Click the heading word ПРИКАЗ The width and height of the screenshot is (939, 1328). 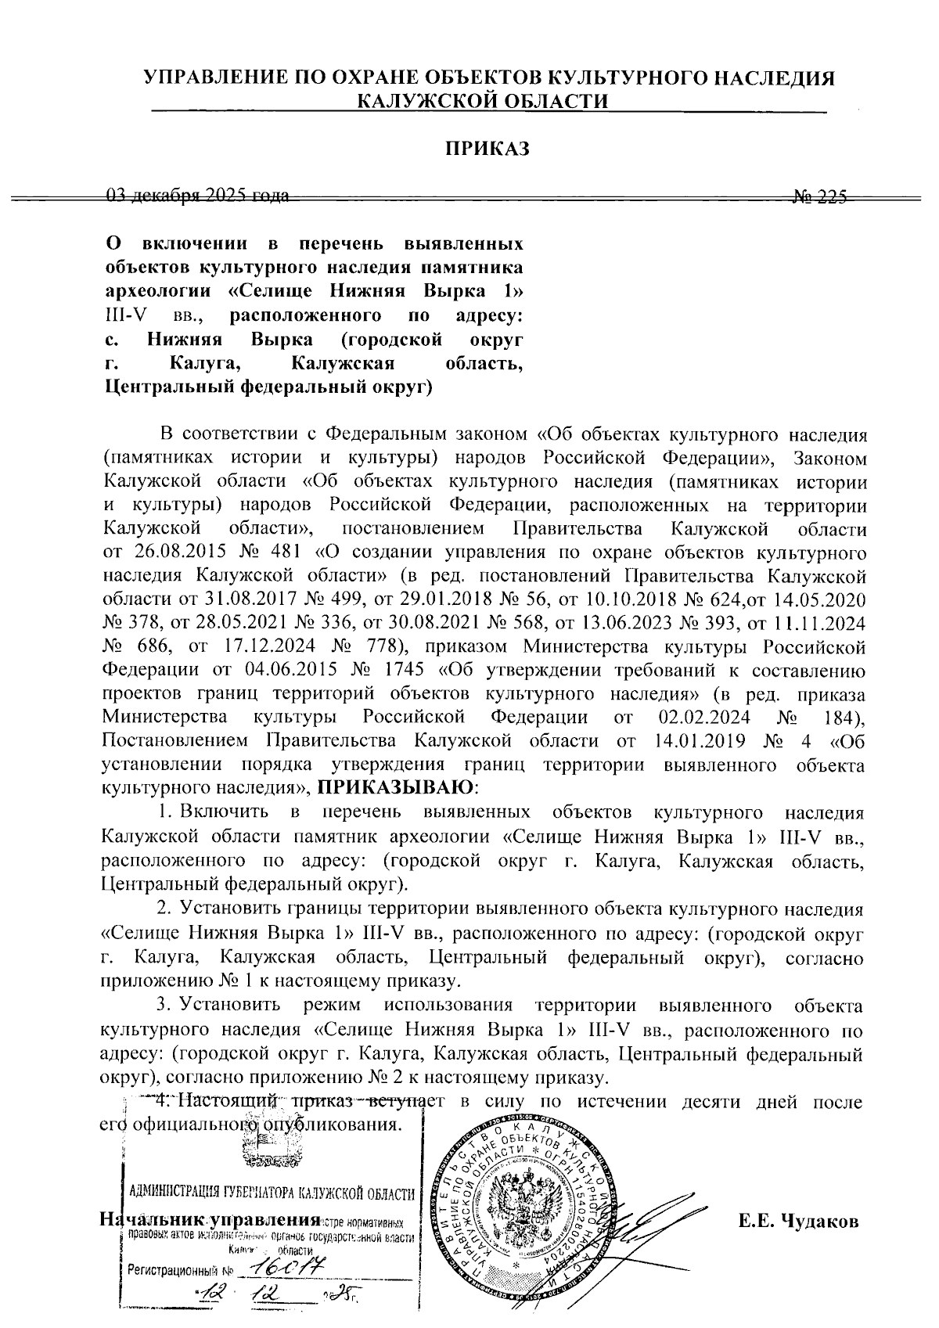tap(487, 149)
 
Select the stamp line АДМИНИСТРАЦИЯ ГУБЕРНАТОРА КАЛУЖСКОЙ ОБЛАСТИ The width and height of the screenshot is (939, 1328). tap(272, 1194)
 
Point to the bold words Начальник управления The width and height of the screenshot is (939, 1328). tap(211, 1221)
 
